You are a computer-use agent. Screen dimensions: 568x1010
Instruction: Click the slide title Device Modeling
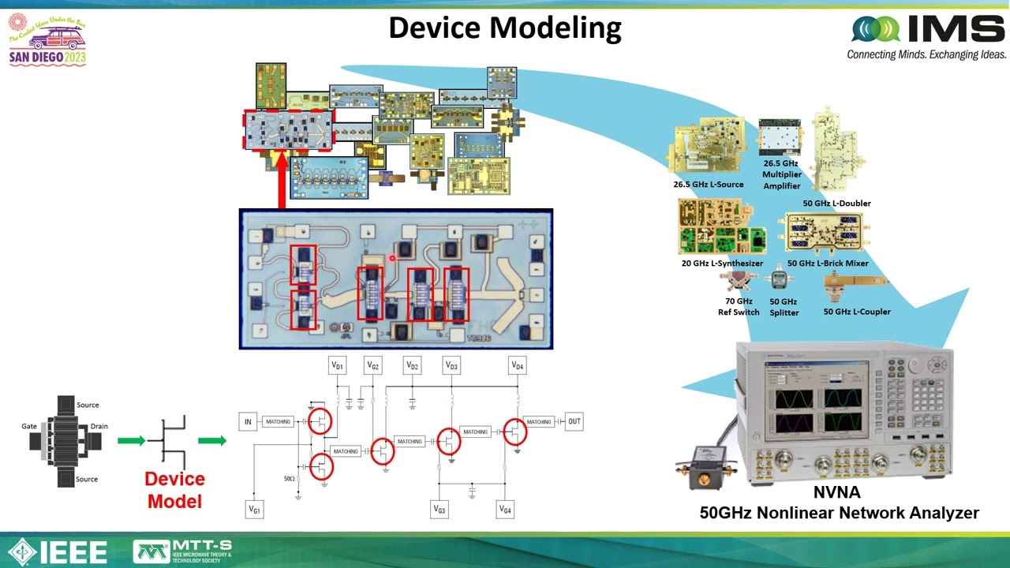(505, 28)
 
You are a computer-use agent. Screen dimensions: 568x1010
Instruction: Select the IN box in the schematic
(248, 422)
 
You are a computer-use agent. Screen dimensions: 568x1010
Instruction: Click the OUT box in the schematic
(574, 421)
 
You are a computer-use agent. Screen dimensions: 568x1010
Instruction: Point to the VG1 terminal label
(254, 510)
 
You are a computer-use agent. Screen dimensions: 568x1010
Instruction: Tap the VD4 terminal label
(517, 365)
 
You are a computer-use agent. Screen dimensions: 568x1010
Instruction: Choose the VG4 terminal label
(505, 510)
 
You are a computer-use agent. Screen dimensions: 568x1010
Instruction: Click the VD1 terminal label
(337, 365)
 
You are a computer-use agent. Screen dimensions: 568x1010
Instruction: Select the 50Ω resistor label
(289, 478)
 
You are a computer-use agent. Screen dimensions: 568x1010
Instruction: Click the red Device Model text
(174, 490)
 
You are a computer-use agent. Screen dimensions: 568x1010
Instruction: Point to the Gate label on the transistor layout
(29, 426)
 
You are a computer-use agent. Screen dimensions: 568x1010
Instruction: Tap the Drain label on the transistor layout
(99, 426)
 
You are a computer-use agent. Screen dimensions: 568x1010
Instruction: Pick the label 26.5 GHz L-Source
(708, 185)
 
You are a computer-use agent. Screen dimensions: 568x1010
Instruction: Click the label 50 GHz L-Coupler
(857, 312)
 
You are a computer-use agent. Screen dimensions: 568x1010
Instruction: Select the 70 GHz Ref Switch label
(739, 306)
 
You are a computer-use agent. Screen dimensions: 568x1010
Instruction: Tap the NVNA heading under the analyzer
(839, 494)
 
